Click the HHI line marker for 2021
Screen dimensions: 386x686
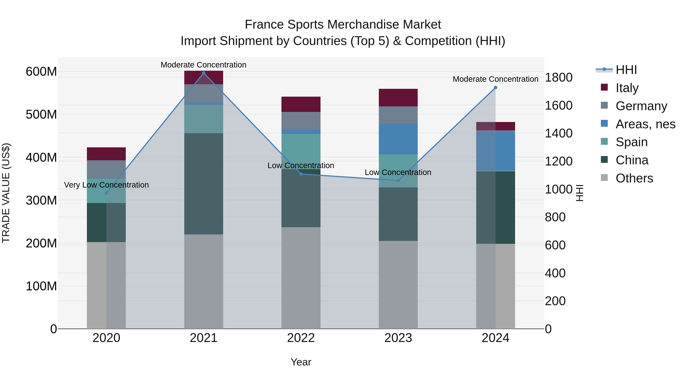tap(204, 73)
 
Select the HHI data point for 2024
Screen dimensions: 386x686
tap(495, 88)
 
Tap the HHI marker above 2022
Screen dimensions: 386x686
tap(301, 174)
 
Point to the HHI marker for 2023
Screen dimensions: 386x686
tap(398, 181)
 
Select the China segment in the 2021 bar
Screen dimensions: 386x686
tap(204, 184)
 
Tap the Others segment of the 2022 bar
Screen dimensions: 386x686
tap(301, 278)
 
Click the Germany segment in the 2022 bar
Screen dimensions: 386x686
tap(301, 121)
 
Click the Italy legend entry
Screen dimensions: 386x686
tap(627, 88)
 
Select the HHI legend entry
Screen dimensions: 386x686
tap(626, 70)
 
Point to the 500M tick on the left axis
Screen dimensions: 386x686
tap(41, 115)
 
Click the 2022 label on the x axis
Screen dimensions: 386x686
tap(301, 338)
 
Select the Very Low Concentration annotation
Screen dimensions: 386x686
tap(107, 185)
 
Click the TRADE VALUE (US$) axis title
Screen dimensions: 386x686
tap(6, 193)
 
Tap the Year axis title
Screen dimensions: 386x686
tap(301, 362)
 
